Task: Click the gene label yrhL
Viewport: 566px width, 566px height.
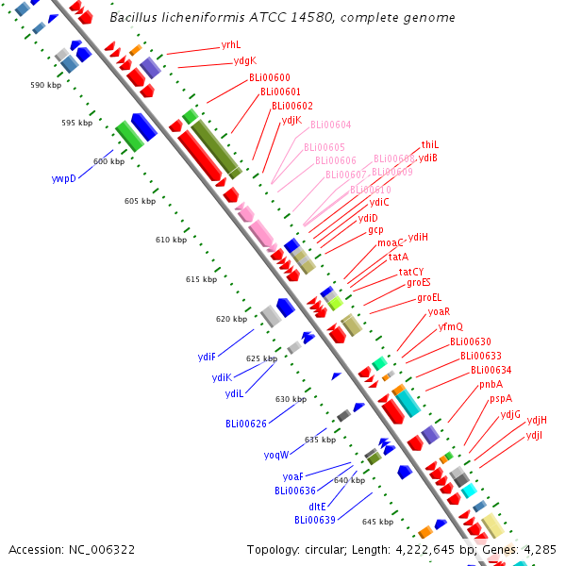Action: (x=230, y=44)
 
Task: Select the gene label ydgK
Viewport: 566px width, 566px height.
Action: (x=244, y=61)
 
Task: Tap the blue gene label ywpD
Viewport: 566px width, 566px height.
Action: (x=63, y=177)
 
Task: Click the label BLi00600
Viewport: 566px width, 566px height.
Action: (x=269, y=77)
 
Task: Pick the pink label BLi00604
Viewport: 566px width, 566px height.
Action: (x=330, y=125)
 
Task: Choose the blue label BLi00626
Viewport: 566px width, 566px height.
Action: (x=245, y=424)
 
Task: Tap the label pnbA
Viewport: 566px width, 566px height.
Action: (x=491, y=384)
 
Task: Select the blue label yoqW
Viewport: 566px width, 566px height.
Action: (x=276, y=455)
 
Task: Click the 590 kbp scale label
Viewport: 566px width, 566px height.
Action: (x=45, y=85)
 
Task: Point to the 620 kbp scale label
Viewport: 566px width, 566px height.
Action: (x=231, y=319)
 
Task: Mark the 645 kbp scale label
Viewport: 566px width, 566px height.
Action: (x=377, y=522)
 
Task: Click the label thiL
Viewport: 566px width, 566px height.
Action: (x=430, y=144)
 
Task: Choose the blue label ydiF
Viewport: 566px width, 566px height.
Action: (x=207, y=357)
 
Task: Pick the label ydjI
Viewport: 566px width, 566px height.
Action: (x=534, y=435)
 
